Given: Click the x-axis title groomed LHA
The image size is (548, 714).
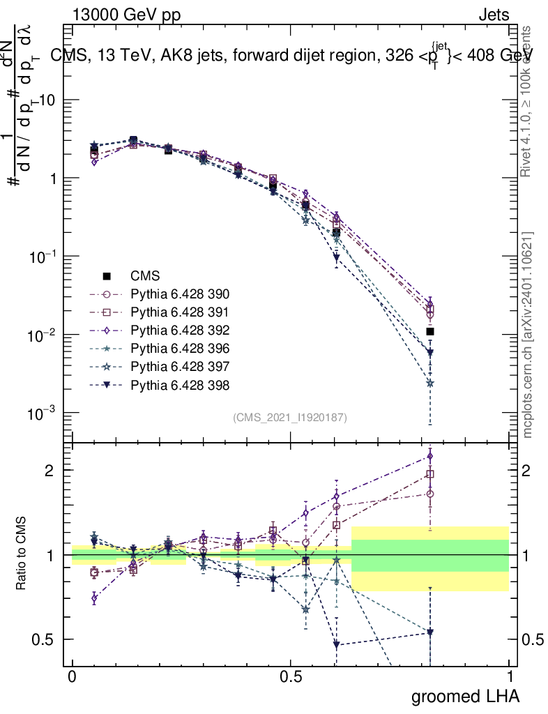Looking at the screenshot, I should (465, 696).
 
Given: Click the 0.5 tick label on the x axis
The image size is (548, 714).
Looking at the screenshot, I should (291, 677).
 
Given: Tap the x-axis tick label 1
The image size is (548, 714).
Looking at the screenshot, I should (510, 677).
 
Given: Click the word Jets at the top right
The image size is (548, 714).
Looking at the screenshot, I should (494, 15).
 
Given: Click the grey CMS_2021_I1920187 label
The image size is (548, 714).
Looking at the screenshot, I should (290, 417).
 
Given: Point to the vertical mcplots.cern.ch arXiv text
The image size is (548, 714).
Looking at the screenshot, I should (528, 335).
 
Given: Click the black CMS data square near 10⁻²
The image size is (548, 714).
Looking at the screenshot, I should (430, 331).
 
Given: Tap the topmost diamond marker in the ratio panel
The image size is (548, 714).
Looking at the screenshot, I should (430, 456).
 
